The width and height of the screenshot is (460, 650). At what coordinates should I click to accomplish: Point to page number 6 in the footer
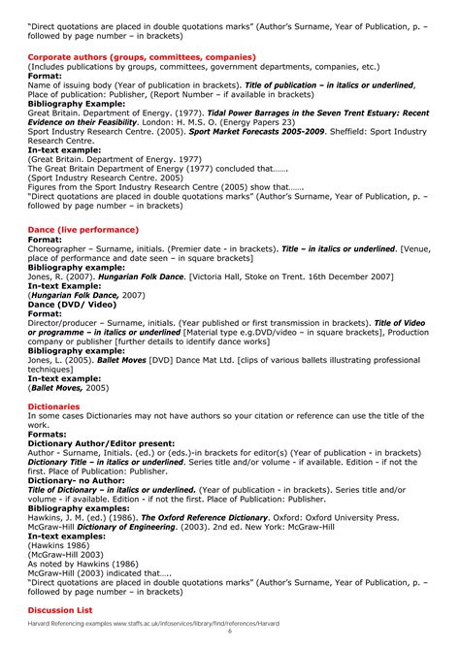click(x=230, y=631)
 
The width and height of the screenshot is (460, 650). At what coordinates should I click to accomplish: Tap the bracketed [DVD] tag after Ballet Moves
click(x=185, y=359)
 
